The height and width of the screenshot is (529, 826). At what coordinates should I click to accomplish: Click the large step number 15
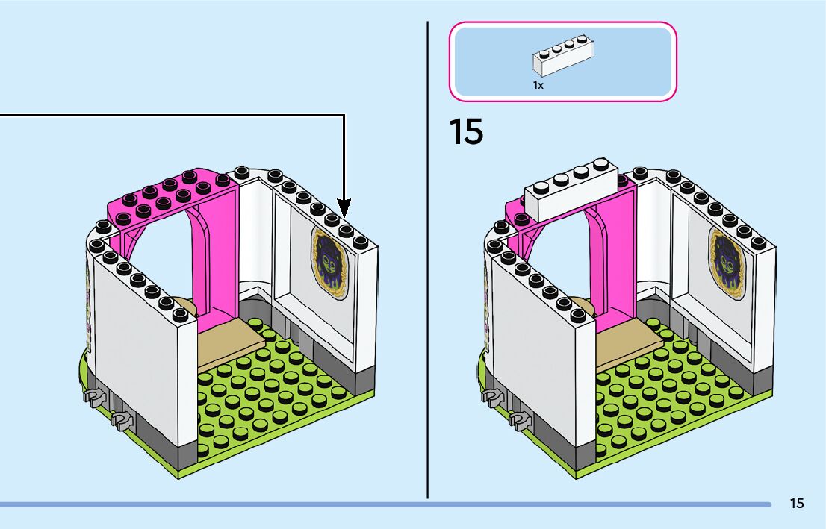[x=466, y=131]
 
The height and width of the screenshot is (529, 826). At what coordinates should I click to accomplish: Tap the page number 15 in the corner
[x=797, y=504]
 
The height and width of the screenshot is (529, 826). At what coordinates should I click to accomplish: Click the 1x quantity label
[x=538, y=85]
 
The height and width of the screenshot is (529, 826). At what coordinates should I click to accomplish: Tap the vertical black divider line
[x=427, y=298]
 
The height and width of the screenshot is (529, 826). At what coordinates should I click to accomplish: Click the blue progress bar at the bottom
[x=373, y=504]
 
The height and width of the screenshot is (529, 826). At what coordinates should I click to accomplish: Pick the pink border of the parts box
[x=562, y=24]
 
